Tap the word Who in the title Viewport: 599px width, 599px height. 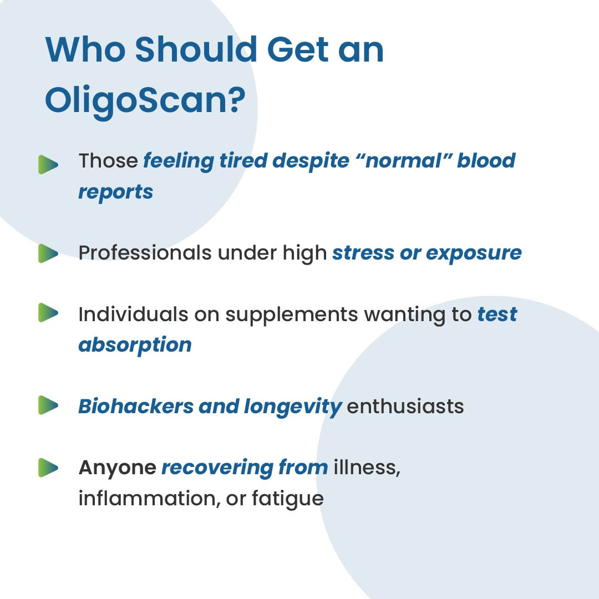(x=85, y=50)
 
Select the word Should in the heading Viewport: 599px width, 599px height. (x=196, y=49)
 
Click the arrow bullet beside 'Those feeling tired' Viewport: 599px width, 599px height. (x=48, y=165)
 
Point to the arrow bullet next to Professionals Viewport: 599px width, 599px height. (x=48, y=253)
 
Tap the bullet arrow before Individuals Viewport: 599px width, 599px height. (x=48, y=312)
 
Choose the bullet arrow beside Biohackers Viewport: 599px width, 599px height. (x=48, y=405)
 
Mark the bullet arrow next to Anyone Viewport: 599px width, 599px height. (x=48, y=468)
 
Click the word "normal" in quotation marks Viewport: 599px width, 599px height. (x=403, y=160)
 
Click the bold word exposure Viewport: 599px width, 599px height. (x=474, y=254)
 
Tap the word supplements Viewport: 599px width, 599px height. (x=292, y=316)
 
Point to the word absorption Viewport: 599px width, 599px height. (x=135, y=346)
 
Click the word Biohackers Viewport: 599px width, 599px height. (x=136, y=406)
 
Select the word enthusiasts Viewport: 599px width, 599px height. (x=405, y=406)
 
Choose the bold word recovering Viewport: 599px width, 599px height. (x=217, y=468)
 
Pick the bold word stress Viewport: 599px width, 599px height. (x=363, y=253)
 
